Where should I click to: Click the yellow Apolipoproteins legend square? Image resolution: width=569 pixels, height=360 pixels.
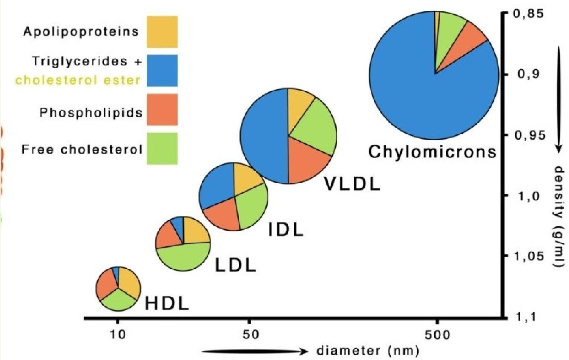pos(162,32)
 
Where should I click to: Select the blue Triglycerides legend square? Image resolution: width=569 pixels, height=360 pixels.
pos(162,70)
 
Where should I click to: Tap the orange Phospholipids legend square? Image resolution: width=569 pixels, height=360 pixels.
pos(162,109)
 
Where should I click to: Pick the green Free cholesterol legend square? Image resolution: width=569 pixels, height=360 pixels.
pos(162,148)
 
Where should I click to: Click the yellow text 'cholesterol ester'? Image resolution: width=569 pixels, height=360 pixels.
pos(78,80)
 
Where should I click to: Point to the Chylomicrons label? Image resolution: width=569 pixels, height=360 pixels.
pos(432,152)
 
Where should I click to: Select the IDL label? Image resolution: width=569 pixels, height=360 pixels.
pos(286,230)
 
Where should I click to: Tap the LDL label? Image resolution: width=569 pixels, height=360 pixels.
pos(235,265)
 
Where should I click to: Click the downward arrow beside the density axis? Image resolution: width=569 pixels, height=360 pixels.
pos(559,98)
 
